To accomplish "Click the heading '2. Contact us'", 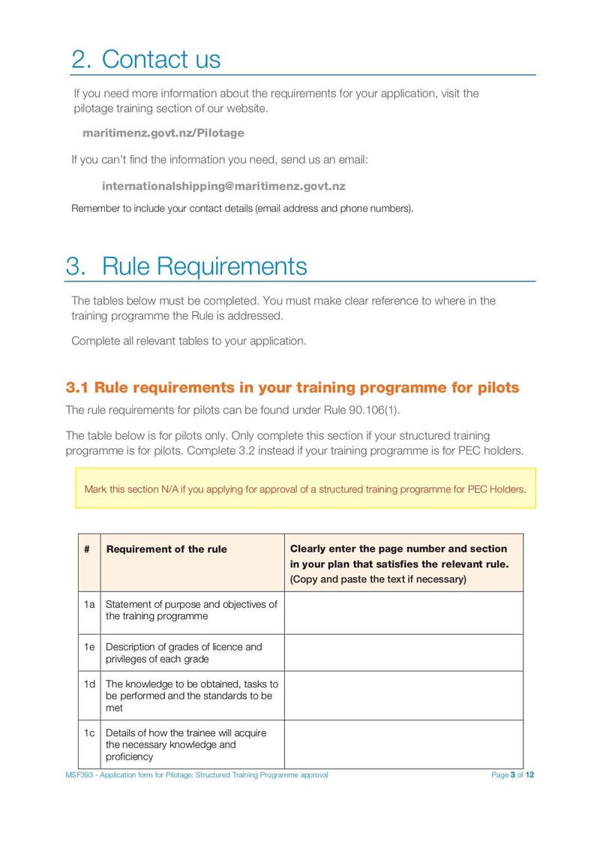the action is click(x=146, y=59).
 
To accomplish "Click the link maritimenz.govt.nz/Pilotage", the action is click(x=163, y=133).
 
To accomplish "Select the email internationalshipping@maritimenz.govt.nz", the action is click(x=223, y=186).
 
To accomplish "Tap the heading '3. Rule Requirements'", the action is click(x=186, y=266).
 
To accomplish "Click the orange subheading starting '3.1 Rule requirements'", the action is click(x=292, y=387).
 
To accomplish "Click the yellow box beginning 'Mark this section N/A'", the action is click(x=305, y=489).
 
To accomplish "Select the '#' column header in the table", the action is click(x=88, y=549).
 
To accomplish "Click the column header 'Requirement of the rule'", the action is click(x=166, y=549).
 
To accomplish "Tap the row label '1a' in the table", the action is click(x=89, y=605).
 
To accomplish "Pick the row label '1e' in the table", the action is click(x=89, y=647).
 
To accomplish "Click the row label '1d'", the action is click(x=89, y=684).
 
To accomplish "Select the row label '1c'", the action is click(x=89, y=732).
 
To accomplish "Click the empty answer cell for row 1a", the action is click(x=403, y=612).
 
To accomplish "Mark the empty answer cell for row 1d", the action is click(x=403, y=695).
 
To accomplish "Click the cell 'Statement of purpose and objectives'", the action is click(x=191, y=610).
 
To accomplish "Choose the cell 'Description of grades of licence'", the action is click(x=184, y=652).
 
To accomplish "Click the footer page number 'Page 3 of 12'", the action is click(x=512, y=775).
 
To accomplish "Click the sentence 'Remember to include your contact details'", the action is click(x=241, y=208).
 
